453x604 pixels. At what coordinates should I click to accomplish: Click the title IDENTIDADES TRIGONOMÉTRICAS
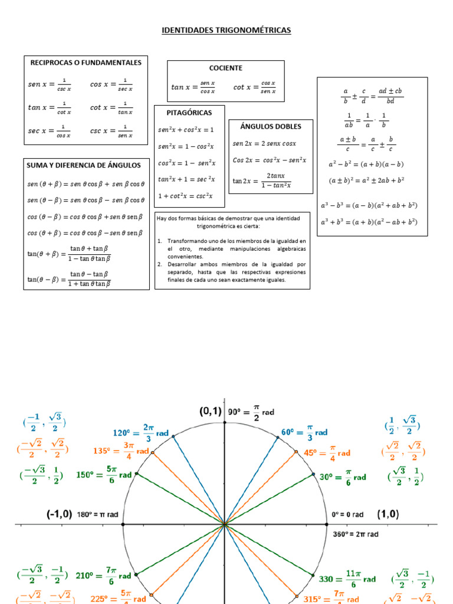(226, 30)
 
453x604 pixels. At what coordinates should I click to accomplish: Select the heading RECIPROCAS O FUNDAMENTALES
(86, 63)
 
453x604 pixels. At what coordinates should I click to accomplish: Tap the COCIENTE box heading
(226, 68)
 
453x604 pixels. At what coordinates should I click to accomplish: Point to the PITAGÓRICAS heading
(189, 112)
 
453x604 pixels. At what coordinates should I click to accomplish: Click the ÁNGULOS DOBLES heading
(271, 126)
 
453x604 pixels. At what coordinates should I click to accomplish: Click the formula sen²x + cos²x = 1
(186, 129)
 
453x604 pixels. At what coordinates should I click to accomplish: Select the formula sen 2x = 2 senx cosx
(264, 143)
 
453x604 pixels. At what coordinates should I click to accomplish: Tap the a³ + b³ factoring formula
(369, 222)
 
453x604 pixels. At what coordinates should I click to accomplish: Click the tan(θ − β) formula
(69, 279)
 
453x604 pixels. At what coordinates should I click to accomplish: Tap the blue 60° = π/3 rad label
(304, 432)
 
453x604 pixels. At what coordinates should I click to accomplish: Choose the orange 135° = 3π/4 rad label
(121, 451)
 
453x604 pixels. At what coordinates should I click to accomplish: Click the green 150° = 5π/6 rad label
(104, 474)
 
